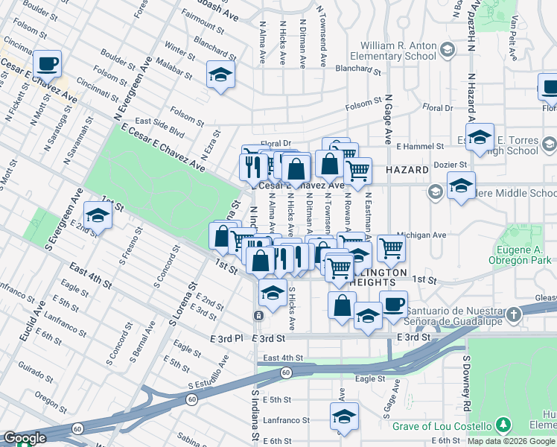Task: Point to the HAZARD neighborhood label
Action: tap(407, 170)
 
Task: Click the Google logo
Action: tap(25, 438)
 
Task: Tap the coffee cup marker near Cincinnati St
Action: tap(47, 64)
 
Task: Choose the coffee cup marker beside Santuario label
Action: tap(393, 302)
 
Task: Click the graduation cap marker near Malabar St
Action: tap(220, 74)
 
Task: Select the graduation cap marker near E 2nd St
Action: tap(97, 215)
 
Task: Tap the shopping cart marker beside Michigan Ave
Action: tap(390, 247)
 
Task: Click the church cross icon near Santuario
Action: tap(513, 314)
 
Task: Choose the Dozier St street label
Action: tap(452, 165)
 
